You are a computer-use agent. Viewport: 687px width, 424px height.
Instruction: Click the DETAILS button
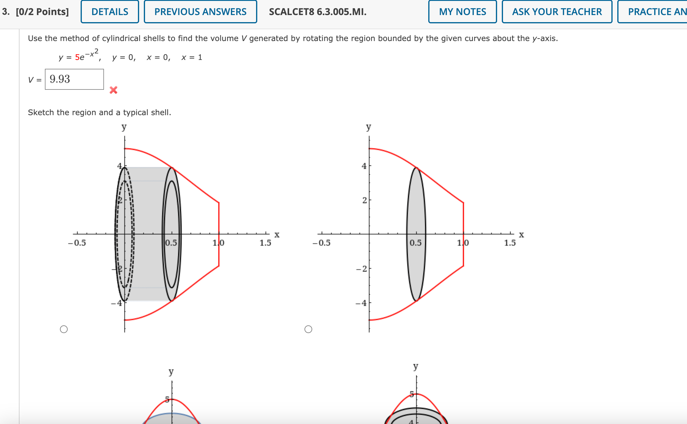(110, 12)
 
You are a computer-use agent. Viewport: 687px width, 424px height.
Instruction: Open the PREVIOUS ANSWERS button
(200, 12)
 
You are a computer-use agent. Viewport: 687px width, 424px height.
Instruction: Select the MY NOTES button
(463, 12)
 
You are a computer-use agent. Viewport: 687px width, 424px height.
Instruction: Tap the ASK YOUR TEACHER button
(557, 12)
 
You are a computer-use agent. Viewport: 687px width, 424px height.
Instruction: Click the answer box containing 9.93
(74, 79)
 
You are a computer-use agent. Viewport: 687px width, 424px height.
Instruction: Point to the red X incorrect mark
(113, 90)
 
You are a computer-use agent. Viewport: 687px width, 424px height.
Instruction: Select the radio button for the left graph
(64, 329)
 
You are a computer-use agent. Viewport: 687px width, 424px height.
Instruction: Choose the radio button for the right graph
(308, 329)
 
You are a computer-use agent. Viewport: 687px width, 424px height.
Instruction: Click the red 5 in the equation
(77, 57)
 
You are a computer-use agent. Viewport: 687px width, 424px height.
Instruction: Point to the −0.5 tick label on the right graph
(321, 243)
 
